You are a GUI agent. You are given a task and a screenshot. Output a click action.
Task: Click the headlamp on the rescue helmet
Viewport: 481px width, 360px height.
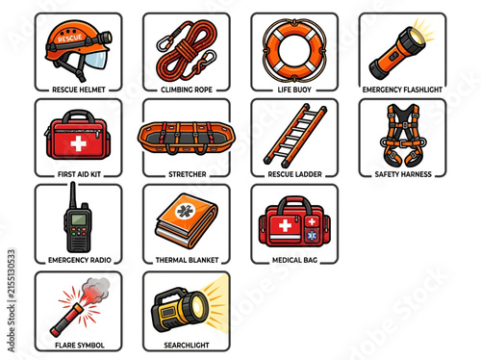click(x=104, y=38)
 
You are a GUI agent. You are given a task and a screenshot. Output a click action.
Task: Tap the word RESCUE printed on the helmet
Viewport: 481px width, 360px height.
click(x=69, y=39)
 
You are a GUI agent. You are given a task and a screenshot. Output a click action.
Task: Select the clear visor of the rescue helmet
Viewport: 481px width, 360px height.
click(x=95, y=60)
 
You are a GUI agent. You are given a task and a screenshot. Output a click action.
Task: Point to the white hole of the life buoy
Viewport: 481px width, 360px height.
click(x=294, y=50)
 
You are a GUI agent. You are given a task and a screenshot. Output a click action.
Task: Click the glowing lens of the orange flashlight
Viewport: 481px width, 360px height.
click(x=418, y=37)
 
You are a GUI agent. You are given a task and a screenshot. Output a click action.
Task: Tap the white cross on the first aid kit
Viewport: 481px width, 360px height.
click(x=78, y=143)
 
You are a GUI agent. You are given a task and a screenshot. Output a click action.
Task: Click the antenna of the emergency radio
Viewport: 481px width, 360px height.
click(x=73, y=195)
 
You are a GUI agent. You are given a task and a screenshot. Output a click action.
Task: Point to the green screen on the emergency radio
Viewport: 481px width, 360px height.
click(x=79, y=219)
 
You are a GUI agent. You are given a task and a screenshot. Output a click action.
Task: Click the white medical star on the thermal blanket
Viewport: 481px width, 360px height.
click(x=184, y=212)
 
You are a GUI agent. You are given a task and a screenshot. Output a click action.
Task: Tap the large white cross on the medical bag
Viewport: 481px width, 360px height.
click(x=285, y=225)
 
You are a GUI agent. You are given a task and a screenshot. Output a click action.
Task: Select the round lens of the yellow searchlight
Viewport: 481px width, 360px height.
click(x=198, y=304)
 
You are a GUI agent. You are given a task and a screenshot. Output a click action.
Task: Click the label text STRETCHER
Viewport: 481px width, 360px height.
click(x=188, y=174)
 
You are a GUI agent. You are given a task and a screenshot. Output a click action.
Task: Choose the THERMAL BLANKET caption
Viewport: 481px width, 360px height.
click(x=187, y=260)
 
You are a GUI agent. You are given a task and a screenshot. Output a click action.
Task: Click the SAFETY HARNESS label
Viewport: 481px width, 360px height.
click(x=403, y=174)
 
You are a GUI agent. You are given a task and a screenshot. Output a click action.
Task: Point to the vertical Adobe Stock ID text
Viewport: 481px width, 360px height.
click(x=12, y=301)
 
